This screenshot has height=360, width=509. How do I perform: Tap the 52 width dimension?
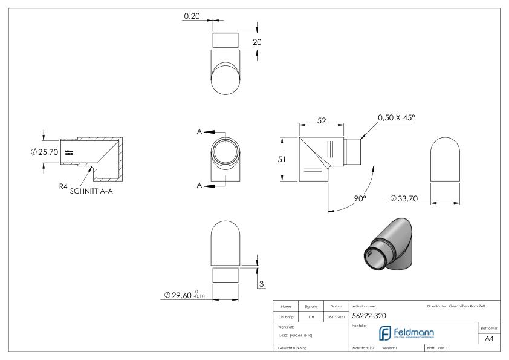click(322, 122)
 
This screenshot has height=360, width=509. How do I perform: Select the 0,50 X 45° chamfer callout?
click(397, 118)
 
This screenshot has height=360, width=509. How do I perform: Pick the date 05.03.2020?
click(335, 316)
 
